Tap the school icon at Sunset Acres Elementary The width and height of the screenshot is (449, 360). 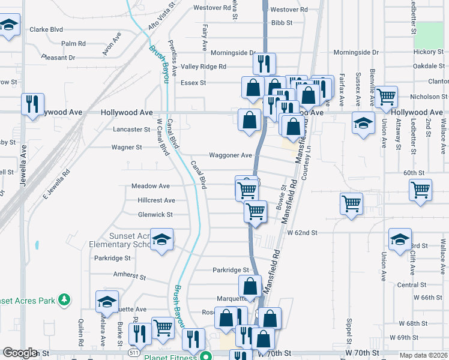click(x=161, y=239)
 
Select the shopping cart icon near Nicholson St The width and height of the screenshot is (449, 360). click(x=387, y=95)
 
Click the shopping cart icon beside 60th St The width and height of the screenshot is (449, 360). click(x=420, y=189)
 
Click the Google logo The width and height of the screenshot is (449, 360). click(x=20, y=353)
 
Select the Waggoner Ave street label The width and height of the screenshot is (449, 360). click(x=230, y=155)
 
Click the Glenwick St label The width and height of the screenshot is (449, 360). click(x=139, y=214)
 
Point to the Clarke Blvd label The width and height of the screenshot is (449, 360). click(x=46, y=29)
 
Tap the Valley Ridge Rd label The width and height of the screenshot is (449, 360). click(x=203, y=67)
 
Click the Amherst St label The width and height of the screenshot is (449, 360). click(x=130, y=277)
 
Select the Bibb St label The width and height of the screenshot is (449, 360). click(x=281, y=23)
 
